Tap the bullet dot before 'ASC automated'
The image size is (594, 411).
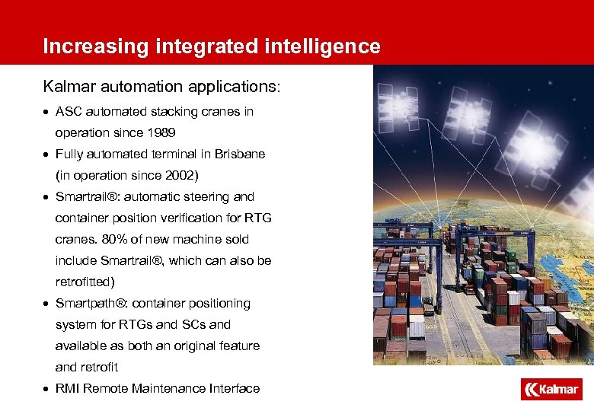coord(46,112)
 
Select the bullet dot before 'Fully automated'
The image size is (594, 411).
coord(46,155)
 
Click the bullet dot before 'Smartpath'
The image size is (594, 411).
coord(46,304)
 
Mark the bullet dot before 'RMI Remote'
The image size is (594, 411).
coord(46,389)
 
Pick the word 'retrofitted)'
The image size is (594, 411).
coord(85,282)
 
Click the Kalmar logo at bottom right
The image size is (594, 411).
coord(551,390)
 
